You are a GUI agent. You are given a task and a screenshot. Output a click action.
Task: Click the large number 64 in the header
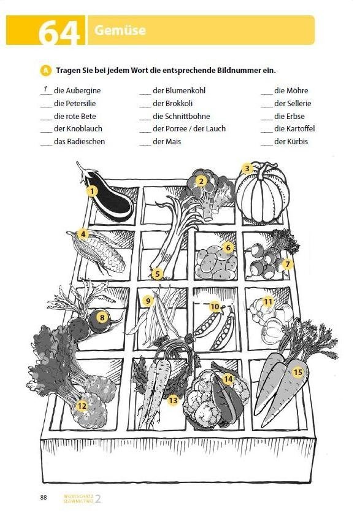click(59, 33)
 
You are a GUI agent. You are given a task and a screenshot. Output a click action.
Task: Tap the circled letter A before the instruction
click(45, 70)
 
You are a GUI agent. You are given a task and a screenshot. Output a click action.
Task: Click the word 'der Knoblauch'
click(78, 129)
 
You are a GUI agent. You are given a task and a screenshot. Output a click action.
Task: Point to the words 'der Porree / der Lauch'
click(189, 129)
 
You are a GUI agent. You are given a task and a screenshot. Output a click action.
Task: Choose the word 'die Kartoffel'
click(294, 129)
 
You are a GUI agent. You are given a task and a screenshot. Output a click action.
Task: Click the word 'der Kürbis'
click(291, 142)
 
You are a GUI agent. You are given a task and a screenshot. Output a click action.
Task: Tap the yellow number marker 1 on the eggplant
click(92, 191)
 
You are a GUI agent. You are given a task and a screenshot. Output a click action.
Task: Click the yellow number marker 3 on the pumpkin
click(247, 168)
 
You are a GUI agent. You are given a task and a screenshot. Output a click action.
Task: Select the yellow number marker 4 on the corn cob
click(83, 234)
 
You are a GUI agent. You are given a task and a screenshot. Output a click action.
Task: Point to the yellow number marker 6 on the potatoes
click(228, 248)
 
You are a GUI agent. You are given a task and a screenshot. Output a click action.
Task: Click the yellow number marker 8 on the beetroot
click(102, 317)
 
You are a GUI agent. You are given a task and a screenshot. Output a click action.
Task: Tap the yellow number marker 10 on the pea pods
click(215, 306)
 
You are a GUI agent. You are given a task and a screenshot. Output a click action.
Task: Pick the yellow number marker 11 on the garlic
click(268, 301)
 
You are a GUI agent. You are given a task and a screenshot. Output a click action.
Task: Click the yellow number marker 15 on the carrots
click(298, 372)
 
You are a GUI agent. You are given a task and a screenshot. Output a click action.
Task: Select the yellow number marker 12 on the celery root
click(82, 406)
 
